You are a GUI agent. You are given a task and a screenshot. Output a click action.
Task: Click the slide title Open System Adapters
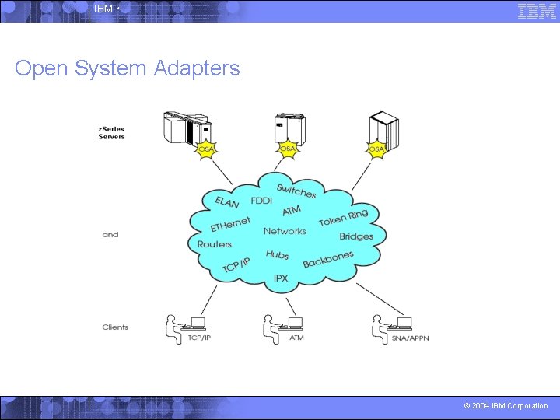tap(127, 68)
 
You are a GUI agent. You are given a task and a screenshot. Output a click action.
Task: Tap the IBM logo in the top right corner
tap(537, 11)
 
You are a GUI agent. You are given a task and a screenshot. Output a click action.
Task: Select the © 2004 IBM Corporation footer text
tap(506, 406)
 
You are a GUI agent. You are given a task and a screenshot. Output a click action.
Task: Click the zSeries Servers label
tap(111, 133)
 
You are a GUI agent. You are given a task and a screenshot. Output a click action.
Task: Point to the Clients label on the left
tap(115, 327)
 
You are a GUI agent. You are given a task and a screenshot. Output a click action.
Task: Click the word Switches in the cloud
tap(296, 190)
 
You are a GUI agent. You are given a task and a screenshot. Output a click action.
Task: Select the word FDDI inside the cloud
tap(261, 201)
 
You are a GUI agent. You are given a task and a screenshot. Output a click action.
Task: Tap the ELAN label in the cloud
tap(227, 202)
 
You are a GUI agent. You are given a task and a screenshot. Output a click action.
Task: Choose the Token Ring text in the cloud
tap(343, 217)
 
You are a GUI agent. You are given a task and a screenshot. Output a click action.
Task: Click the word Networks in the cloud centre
tap(285, 231)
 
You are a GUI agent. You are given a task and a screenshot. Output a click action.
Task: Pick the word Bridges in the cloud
tap(356, 236)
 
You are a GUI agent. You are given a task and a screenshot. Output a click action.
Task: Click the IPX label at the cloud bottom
tap(281, 278)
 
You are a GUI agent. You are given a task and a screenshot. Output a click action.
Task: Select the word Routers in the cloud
tap(215, 244)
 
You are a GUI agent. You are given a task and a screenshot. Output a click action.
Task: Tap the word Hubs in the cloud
tap(277, 254)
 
